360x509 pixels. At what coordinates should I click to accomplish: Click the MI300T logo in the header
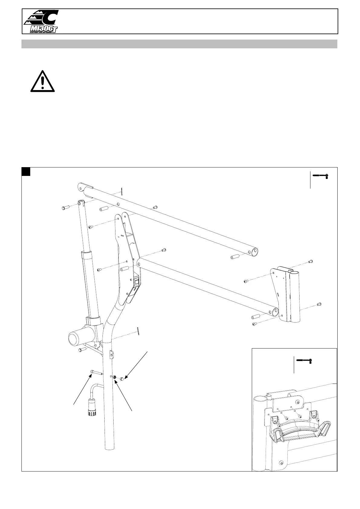(x=41, y=21)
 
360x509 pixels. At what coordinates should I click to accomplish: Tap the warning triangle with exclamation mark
(x=43, y=82)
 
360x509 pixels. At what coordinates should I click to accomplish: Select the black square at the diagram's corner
(x=26, y=171)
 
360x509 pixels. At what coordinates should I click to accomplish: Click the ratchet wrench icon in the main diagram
(x=321, y=176)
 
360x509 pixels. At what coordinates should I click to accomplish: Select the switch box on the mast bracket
(x=137, y=283)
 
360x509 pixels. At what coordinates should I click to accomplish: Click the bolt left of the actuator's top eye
(x=65, y=207)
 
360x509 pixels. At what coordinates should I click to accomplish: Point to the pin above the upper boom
(x=121, y=191)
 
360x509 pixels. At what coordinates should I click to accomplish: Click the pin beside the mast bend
(x=138, y=331)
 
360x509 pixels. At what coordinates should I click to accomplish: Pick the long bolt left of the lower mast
(x=96, y=372)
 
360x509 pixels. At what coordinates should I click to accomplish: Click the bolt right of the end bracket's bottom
(x=319, y=304)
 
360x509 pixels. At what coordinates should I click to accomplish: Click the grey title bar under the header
(x=179, y=44)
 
